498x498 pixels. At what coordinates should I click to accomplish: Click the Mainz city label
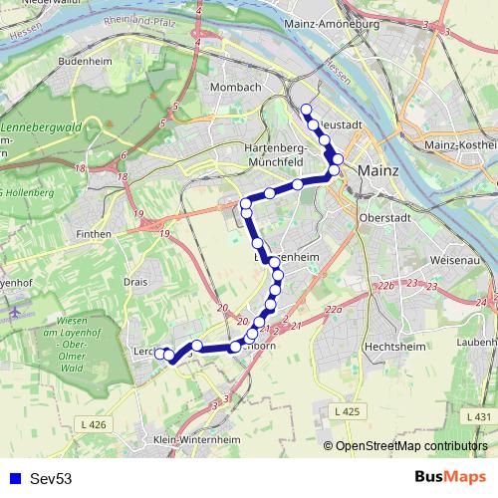click(x=377, y=170)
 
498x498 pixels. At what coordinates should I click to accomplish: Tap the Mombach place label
click(x=235, y=88)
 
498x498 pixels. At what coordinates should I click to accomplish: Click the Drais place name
click(x=135, y=282)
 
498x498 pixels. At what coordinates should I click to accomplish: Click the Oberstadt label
click(x=383, y=218)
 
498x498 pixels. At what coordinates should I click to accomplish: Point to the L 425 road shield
click(x=346, y=411)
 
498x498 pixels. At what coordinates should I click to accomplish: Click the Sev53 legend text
click(x=51, y=479)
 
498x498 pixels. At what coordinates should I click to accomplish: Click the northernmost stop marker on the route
click(x=306, y=110)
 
